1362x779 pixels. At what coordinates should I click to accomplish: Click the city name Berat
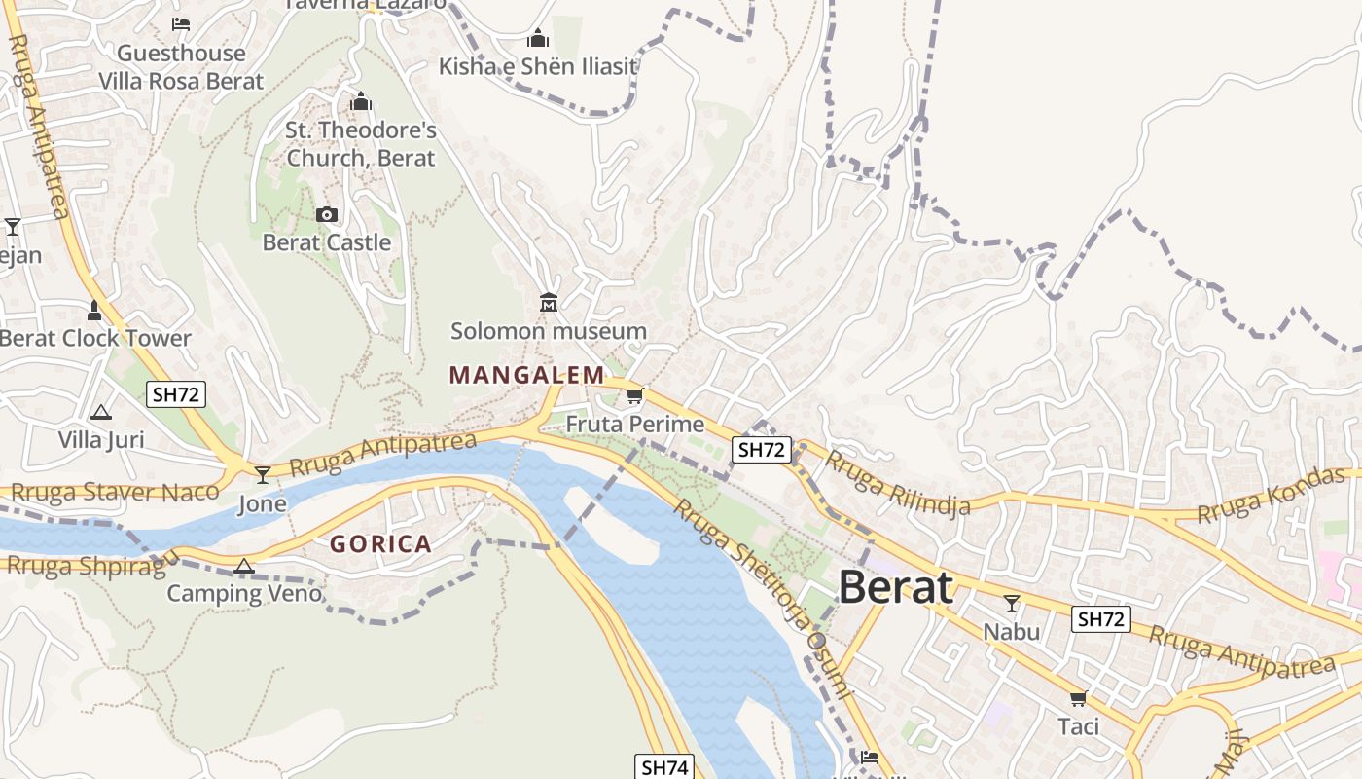click(895, 587)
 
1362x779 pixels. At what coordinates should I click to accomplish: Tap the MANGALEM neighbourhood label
click(526, 375)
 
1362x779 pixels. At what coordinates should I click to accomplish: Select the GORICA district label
click(380, 543)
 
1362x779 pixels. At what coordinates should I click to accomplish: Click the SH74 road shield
click(665, 767)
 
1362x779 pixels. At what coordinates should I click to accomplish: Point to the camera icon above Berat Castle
click(327, 214)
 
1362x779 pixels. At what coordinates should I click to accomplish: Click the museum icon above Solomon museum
click(549, 303)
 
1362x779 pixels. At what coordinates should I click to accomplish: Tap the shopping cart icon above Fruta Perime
click(634, 395)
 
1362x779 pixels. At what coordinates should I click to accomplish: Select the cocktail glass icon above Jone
click(263, 475)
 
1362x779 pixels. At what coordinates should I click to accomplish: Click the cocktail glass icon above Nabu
click(1012, 604)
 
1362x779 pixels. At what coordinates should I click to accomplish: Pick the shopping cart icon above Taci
click(1078, 698)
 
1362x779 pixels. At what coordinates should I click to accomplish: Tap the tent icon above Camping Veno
click(244, 566)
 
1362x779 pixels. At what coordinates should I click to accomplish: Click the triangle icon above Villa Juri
click(101, 413)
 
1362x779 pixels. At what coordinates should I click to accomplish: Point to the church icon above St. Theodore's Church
click(361, 101)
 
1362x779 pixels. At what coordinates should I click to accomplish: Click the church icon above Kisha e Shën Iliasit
click(538, 38)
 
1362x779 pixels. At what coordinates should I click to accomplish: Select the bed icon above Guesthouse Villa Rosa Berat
click(181, 24)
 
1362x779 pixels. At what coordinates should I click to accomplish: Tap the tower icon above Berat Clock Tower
click(94, 311)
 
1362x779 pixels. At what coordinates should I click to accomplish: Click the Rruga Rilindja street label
click(898, 484)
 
